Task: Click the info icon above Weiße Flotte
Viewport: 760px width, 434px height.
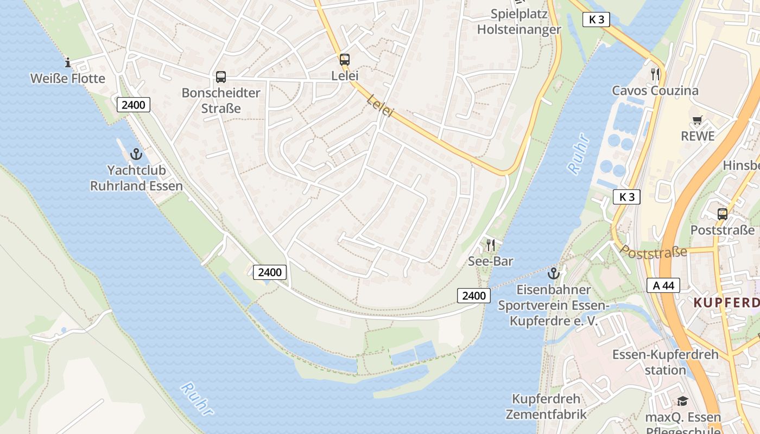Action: (x=68, y=62)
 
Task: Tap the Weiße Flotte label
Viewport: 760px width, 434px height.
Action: (x=68, y=79)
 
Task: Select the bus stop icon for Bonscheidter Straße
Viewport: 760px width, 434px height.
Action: (x=220, y=77)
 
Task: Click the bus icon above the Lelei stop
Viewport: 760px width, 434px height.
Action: (x=345, y=60)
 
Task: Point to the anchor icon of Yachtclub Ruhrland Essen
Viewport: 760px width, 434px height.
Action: (x=136, y=154)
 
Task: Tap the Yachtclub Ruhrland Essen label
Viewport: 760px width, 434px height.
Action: (x=136, y=178)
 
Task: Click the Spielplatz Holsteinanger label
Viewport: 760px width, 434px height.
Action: (x=518, y=22)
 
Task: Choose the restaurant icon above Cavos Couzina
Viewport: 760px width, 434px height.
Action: (x=655, y=74)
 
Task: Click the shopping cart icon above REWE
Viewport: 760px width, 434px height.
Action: (x=698, y=120)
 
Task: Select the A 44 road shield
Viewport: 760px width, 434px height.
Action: (x=663, y=285)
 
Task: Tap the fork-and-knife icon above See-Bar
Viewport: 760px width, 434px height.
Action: (x=491, y=245)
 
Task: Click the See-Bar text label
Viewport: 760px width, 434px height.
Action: (x=491, y=261)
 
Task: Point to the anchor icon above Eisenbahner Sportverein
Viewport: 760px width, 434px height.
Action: (x=554, y=273)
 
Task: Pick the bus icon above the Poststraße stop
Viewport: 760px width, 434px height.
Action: (x=722, y=214)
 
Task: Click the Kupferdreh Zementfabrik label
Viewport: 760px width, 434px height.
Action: (x=546, y=407)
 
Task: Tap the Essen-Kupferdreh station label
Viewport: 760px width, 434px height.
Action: (x=666, y=362)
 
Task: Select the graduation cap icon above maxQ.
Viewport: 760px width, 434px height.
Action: (x=682, y=401)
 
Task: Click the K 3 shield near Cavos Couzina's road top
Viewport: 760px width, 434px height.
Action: (x=596, y=20)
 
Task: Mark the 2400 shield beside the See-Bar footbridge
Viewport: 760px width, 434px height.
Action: (x=474, y=296)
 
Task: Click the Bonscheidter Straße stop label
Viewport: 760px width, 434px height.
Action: (x=221, y=100)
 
